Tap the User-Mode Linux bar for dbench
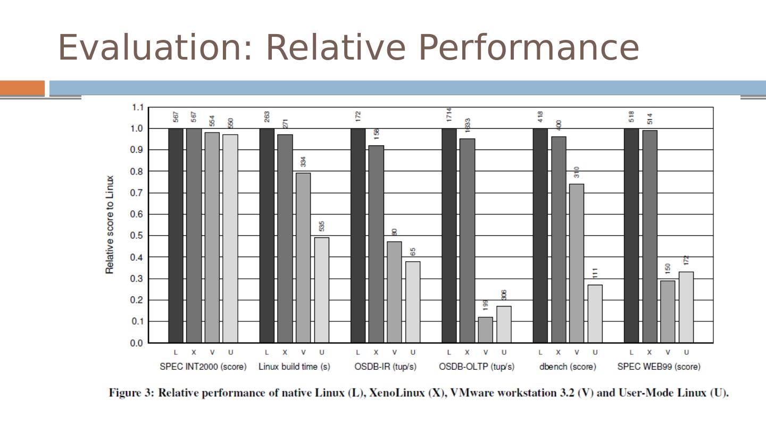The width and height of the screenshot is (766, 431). tap(595, 313)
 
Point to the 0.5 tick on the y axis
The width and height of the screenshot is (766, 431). tap(137, 236)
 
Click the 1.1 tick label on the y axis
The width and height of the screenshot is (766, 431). tap(137, 107)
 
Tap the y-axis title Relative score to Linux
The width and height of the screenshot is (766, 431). tap(110, 225)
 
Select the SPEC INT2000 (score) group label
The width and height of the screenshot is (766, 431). tap(203, 367)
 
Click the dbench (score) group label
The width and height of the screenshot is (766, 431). tap(568, 367)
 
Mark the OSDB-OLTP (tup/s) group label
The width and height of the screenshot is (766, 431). tap(477, 367)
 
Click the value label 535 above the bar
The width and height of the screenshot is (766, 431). tap(322, 227)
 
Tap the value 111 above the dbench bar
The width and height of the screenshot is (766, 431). tap(595, 273)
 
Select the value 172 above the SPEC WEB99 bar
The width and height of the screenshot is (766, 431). tap(686, 260)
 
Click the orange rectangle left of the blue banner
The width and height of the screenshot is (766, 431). tap(22, 88)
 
